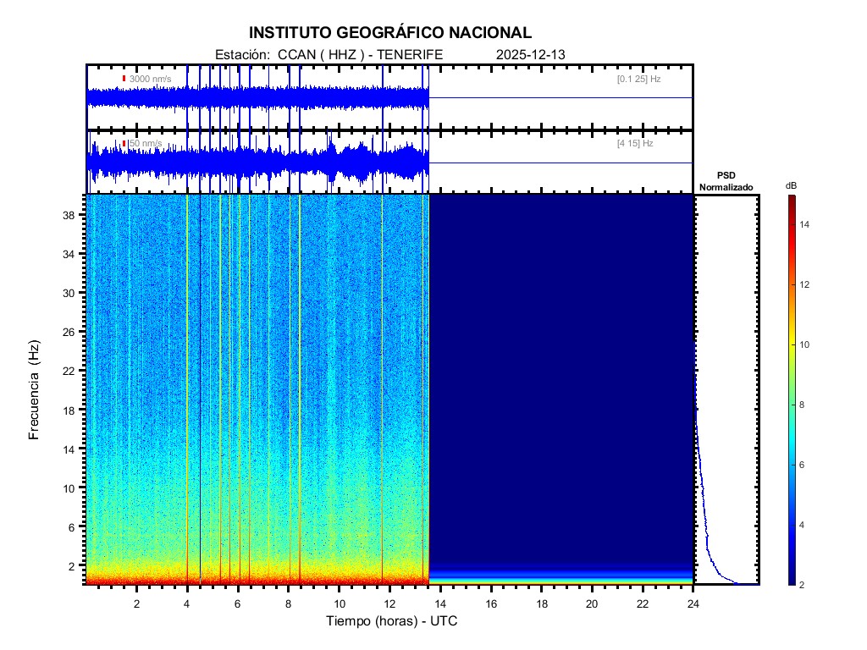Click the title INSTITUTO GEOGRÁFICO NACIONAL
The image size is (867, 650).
[390, 33]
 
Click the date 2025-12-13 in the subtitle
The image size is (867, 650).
[531, 54]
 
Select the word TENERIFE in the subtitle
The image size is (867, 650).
[411, 54]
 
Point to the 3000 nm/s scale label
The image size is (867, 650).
[151, 79]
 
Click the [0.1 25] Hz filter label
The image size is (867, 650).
[638, 79]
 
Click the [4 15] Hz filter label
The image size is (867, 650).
[635, 144]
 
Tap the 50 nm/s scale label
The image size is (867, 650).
[145, 144]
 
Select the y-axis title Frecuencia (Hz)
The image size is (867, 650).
[35, 390]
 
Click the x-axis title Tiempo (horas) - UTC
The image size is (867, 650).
[392, 621]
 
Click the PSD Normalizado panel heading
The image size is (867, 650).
[726, 181]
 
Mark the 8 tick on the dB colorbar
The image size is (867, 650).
[804, 405]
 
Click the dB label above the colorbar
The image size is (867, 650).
[791, 185]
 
